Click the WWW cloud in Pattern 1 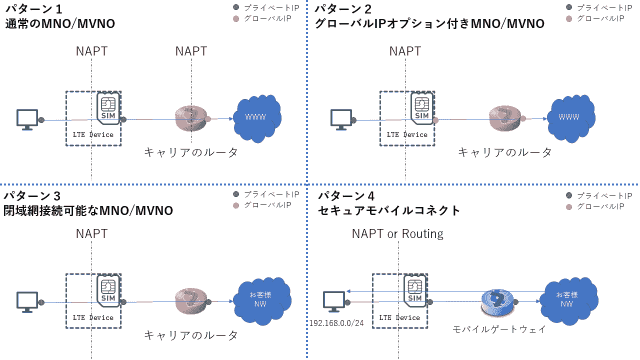point(257,117)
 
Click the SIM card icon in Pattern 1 point(108,108)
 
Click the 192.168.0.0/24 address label point(336,323)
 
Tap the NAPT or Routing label point(397,233)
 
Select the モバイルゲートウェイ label point(498,329)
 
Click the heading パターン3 point(32,195)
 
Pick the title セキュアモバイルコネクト point(389,210)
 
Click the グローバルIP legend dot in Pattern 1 point(237,19)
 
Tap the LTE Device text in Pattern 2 point(407,134)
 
